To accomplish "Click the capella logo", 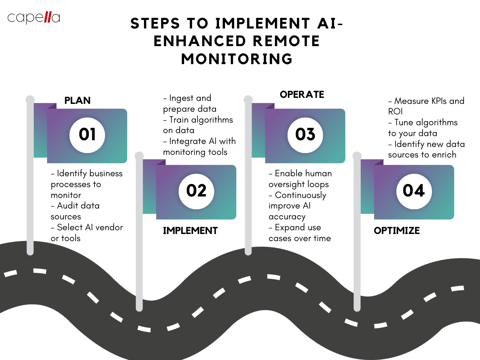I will click(x=34, y=18).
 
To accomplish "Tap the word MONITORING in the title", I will click(x=237, y=59).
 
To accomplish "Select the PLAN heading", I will click(x=77, y=100).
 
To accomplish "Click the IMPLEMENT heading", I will click(x=190, y=231).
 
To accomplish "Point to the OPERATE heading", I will click(x=302, y=94).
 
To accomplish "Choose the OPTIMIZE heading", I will click(x=397, y=231).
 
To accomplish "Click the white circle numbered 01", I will click(x=87, y=135).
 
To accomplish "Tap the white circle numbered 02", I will click(x=196, y=191).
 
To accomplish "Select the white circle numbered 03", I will click(x=305, y=135).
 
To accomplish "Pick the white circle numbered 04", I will click(x=414, y=191).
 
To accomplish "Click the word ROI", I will click(x=395, y=111).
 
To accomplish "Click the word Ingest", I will click(x=181, y=98).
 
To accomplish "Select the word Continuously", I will click(x=300, y=195).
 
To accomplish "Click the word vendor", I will click(x=109, y=227).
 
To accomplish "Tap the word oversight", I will click(x=288, y=184).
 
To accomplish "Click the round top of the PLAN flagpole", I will click(x=30, y=99).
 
